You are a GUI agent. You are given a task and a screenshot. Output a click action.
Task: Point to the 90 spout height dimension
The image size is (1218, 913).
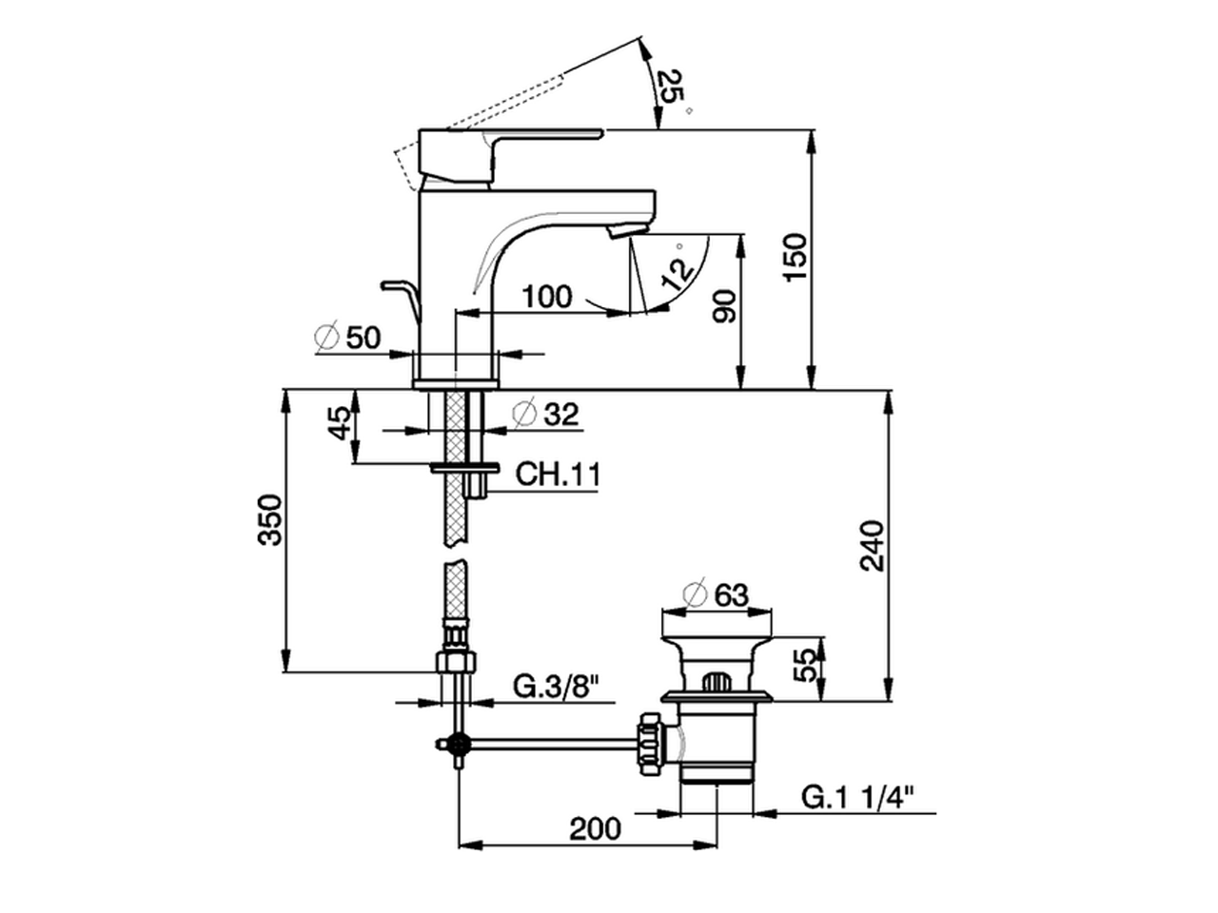pos(725,309)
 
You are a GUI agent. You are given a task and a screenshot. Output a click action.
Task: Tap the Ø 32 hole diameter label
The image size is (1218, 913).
pos(545,414)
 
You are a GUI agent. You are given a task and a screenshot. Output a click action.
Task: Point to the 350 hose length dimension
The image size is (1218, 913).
pos(272,519)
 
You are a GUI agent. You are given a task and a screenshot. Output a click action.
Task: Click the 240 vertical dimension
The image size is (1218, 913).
pos(873,545)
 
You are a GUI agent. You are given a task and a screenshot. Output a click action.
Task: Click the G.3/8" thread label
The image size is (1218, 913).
pos(557,685)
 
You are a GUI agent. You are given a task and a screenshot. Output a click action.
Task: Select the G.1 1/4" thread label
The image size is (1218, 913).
pos(855,797)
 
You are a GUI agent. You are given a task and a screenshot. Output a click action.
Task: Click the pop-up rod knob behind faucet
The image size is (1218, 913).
pos(393,285)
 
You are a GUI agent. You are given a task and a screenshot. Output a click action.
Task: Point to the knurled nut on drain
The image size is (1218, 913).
pos(651,737)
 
